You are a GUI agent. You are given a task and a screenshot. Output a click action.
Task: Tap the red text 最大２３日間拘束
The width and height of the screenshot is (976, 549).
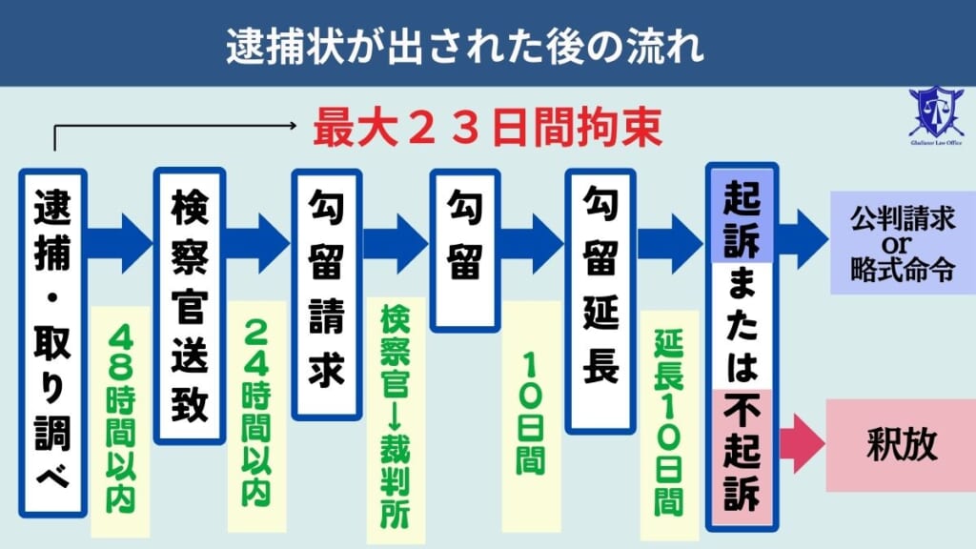[487, 130]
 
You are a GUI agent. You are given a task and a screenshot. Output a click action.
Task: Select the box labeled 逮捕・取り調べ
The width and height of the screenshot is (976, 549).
[52, 343]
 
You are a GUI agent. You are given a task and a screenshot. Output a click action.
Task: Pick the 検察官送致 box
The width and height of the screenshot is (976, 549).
[189, 305]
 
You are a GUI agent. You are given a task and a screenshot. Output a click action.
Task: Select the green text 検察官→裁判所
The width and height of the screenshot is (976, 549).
[395, 416]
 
